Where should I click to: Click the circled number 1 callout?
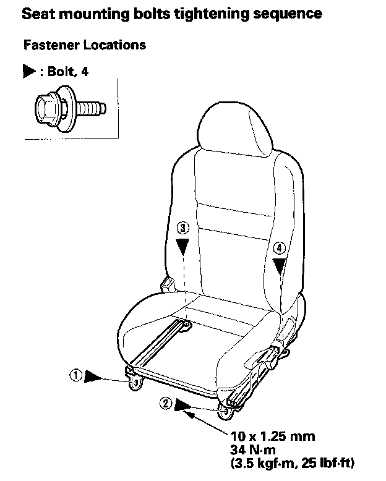tap(75, 375)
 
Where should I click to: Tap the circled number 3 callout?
tap(182, 228)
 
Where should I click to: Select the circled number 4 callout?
tap(280, 248)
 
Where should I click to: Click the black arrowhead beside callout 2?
tap(183, 405)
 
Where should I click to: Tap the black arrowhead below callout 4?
tap(280, 265)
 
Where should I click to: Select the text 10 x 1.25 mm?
tap(272, 436)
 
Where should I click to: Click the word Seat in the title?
tap(36, 12)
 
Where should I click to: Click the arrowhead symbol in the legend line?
tap(28, 72)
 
